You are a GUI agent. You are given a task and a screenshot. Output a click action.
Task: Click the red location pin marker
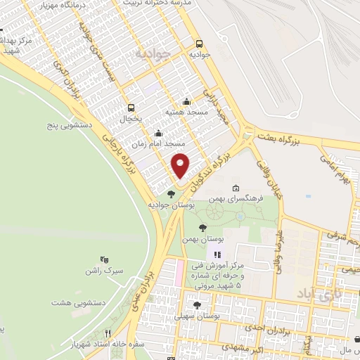pyautogui.click(x=181, y=165)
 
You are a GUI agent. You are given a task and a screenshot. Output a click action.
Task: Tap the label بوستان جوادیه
pyautogui.click(x=171, y=205)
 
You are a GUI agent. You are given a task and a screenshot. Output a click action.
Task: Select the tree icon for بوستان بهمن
pyautogui.click(x=202, y=228)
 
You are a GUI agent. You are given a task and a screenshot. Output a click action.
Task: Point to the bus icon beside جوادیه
pyautogui.click(x=199, y=41)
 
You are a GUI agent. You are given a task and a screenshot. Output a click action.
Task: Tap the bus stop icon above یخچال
pyautogui.click(x=131, y=108)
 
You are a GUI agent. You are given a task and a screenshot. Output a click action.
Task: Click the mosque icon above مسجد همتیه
pyautogui.click(x=186, y=101)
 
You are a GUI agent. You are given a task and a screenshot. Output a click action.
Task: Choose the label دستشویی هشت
pyautogui.click(x=72, y=302)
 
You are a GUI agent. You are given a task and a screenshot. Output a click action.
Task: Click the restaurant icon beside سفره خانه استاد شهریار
pyautogui.click(x=108, y=333)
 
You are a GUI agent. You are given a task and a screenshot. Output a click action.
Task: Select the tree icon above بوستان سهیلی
pyautogui.click(x=197, y=305)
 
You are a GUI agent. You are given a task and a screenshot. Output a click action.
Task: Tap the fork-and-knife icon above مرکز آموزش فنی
pyautogui.click(x=217, y=254)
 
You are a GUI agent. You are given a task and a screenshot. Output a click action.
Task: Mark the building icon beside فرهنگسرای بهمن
pyautogui.click(x=235, y=188)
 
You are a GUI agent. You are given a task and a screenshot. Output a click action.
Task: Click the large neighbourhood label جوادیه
pyautogui.click(x=153, y=53)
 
